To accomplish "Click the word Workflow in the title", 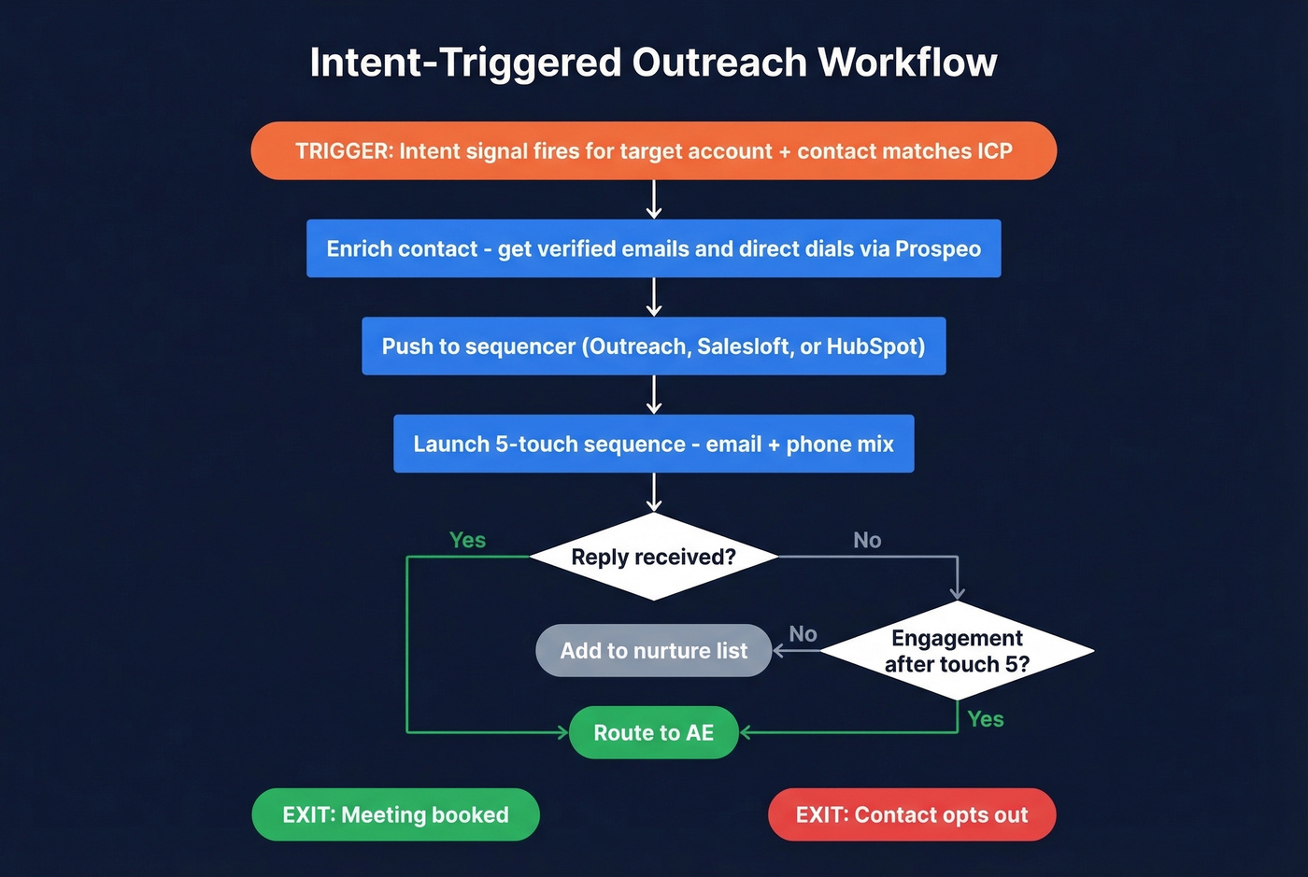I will pyautogui.click(x=907, y=63).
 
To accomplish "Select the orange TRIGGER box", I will pyautogui.click(x=653, y=151).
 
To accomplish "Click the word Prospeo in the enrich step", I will pyautogui.click(x=937, y=249).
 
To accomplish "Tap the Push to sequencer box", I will pyautogui.click(x=653, y=347).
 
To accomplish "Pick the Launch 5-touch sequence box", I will pyautogui.click(x=653, y=445).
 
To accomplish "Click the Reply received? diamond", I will pyautogui.click(x=653, y=558).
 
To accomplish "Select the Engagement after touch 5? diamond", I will pyautogui.click(x=957, y=651).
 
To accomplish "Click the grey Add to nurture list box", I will pyautogui.click(x=653, y=651).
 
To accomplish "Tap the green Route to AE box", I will pyautogui.click(x=653, y=733).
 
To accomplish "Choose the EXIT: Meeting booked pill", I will pyautogui.click(x=395, y=815).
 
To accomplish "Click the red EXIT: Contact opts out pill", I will pyautogui.click(x=911, y=815).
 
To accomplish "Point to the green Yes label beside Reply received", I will pyautogui.click(x=467, y=541).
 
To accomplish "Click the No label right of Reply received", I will pyautogui.click(x=867, y=541).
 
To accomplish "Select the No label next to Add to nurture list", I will pyautogui.click(x=803, y=635).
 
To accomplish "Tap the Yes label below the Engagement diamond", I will pyautogui.click(x=986, y=719).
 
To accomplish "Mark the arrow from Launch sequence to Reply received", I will pyautogui.click(x=654, y=492).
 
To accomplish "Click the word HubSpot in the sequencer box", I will pyautogui.click(x=875, y=347).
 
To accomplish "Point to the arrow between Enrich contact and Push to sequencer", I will pyautogui.click(x=654, y=297).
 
